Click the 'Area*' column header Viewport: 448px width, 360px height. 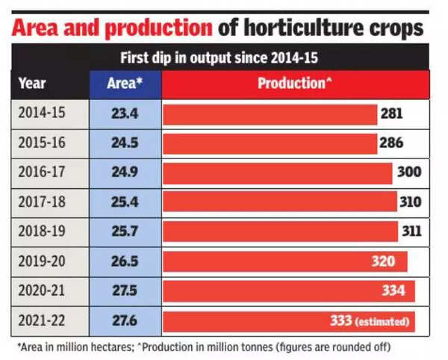pyautogui.click(x=125, y=84)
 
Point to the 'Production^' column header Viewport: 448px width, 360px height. pyautogui.click(x=295, y=84)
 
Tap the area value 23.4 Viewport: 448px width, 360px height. pyautogui.click(x=125, y=114)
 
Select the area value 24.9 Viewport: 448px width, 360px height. pyautogui.click(x=125, y=173)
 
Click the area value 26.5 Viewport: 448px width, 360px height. pyautogui.click(x=125, y=261)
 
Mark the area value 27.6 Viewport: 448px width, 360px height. pyautogui.click(x=125, y=320)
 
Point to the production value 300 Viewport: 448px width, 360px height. pyautogui.click(x=409, y=173)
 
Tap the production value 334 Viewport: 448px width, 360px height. pyautogui.click(x=392, y=291)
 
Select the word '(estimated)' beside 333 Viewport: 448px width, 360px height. pyautogui.click(x=383, y=322)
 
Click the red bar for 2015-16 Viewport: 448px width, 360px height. pyautogui.click(x=269, y=143)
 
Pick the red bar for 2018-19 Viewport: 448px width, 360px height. pyautogui.click(x=276, y=232)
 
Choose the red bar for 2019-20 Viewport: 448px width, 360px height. pyautogui.click(x=261, y=261)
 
